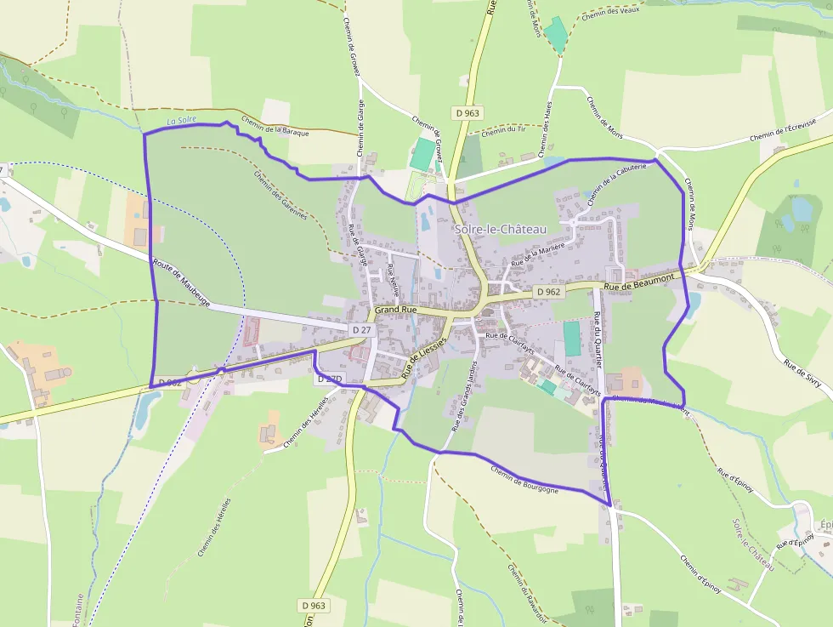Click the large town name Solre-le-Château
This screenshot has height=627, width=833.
click(x=500, y=230)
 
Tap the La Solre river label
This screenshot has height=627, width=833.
click(x=182, y=120)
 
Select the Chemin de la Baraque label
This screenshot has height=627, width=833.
click(x=275, y=127)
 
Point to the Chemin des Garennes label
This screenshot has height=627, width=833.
click(x=280, y=194)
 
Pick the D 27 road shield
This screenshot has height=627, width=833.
click(x=361, y=328)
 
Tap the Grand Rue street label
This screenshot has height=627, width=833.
click(x=395, y=311)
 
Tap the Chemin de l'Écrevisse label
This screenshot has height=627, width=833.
click(x=783, y=130)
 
